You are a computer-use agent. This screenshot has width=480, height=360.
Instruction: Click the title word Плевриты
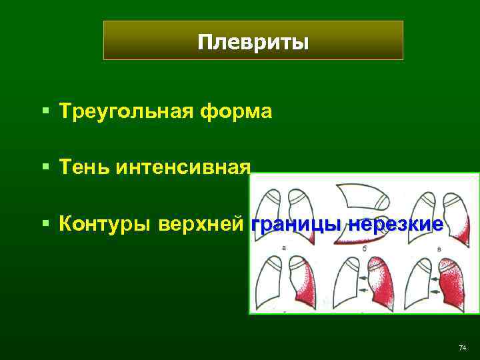click(x=253, y=43)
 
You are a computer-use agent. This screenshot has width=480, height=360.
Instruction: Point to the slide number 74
click(x=463, y=348)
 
